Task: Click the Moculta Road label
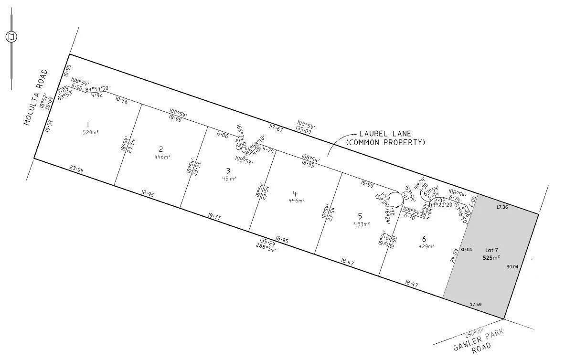36,97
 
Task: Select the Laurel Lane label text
385,138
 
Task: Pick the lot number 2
161,149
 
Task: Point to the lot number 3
228,170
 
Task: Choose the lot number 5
360,215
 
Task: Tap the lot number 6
424,239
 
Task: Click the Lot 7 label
491,250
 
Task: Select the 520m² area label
90,132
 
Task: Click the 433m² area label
362,223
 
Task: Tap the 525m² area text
491,258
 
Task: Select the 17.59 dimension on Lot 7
475,304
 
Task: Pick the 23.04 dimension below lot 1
76,168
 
